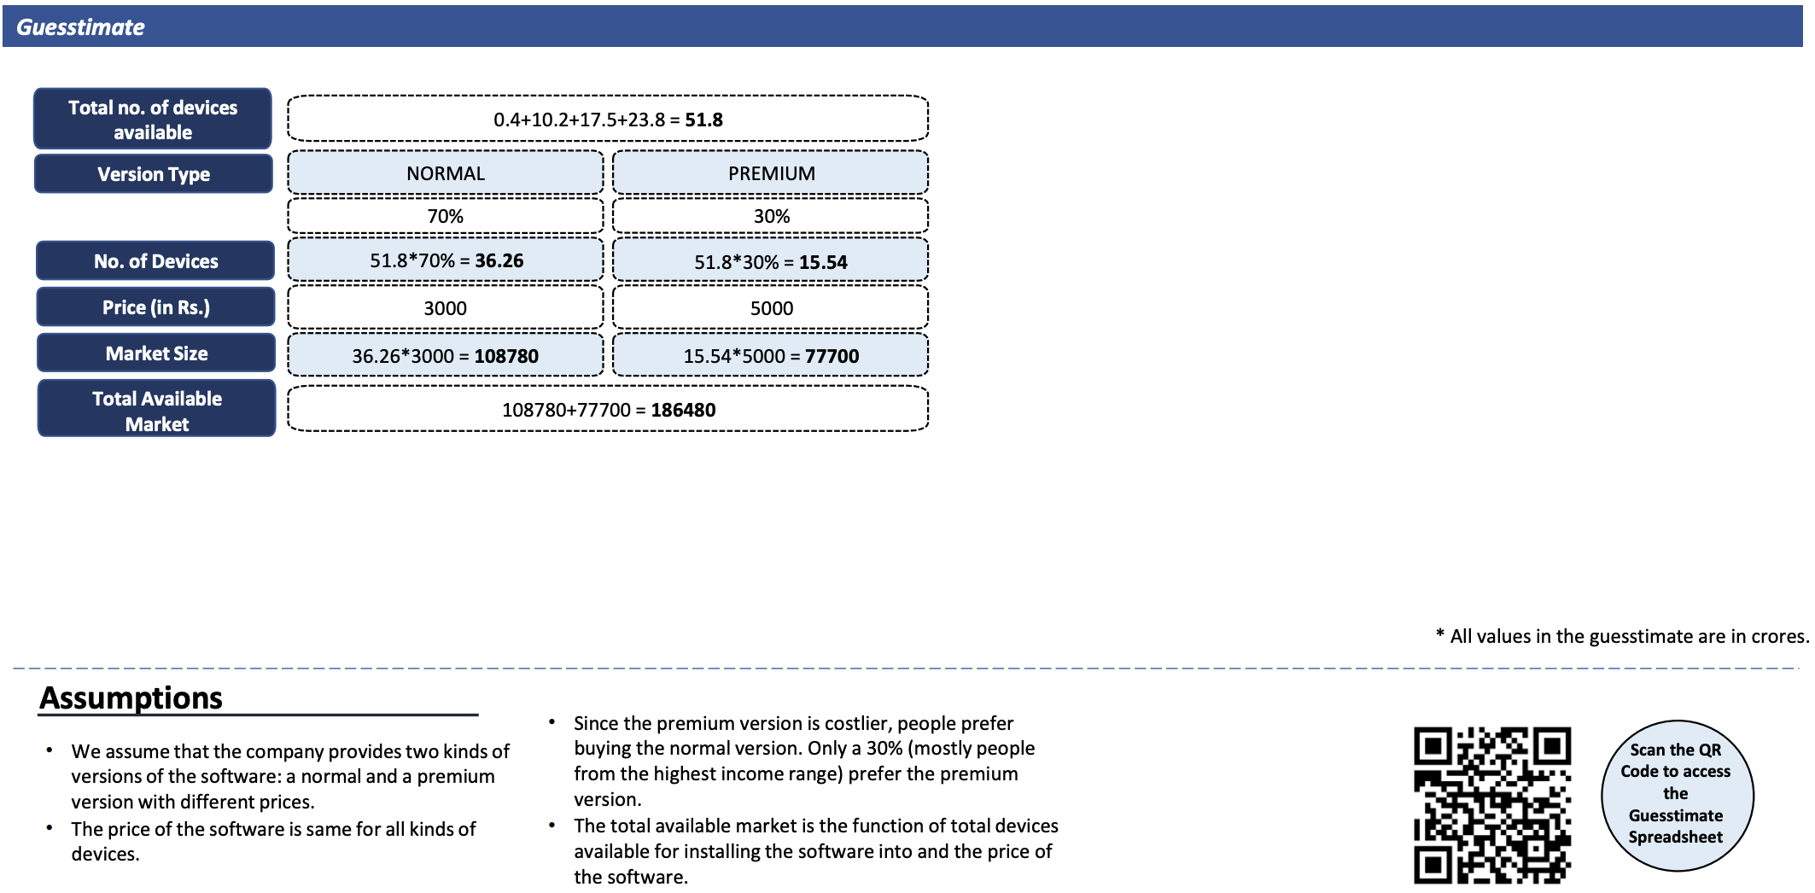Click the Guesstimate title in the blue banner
tap(80, 27)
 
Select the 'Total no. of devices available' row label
tap(153, 119)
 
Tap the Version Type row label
tap(154, 174)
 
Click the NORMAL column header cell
tap(446, 173)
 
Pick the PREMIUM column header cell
tap(771, 173)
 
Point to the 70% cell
tap(446, 216)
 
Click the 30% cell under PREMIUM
tap(771, 216)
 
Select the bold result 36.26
tap(499, 260)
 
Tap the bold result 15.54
tap(823, 262)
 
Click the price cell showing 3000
tap(446, 308)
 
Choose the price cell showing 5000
tap(771, 308)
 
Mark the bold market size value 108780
tap(506, 356)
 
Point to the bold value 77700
tap(832, 356)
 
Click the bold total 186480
tap(683, 410)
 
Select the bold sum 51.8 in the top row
tap(703, 120)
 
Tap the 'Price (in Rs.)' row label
tap(155, 307)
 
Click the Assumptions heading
tap(131, 697)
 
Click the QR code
tap(1492, 805)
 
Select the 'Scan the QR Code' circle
tap(1677, 796)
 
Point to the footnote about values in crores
tap(1622, 636)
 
